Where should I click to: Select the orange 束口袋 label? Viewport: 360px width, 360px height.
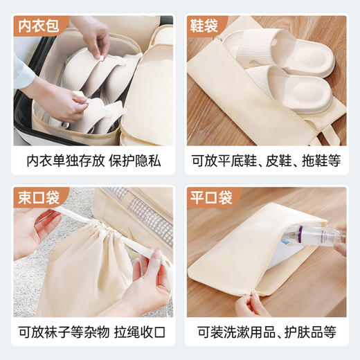click(x=39, y=197)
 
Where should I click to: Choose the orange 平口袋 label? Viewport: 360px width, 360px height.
click(x=211, y=197)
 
